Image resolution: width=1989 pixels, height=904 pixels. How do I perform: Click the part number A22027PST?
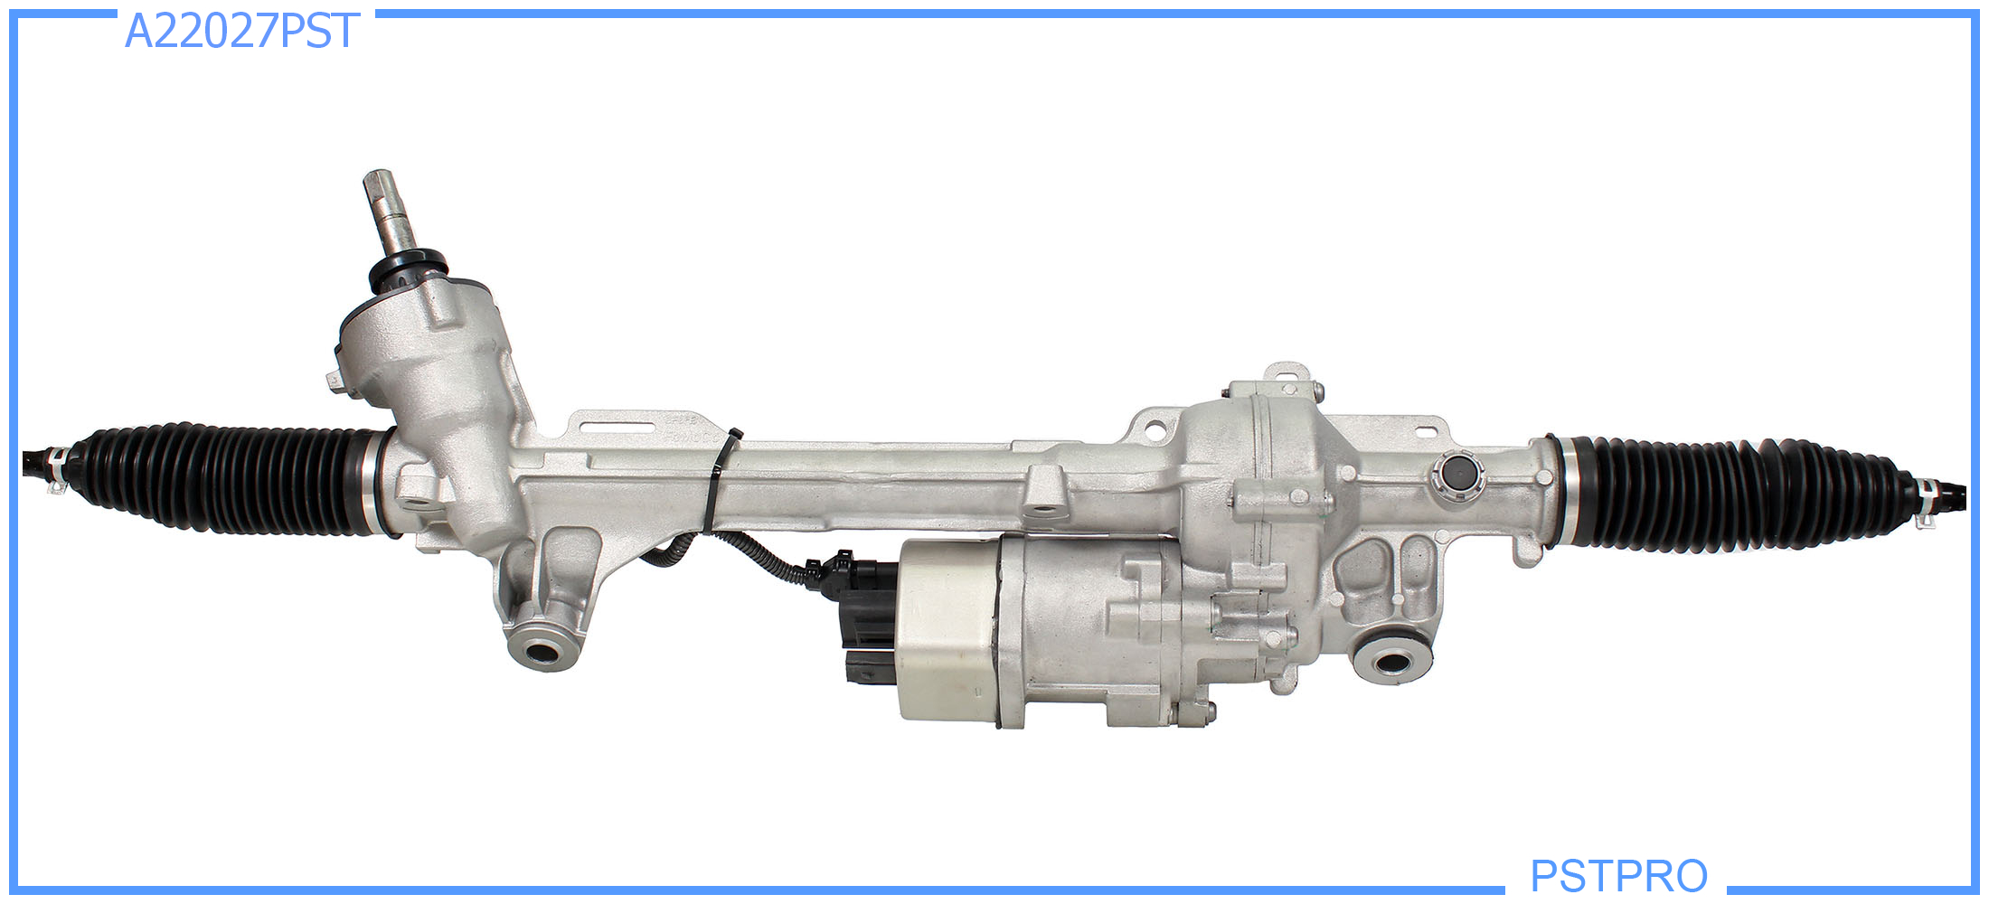tap(241, 32)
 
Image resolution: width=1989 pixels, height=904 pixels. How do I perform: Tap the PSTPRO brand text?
tap(1618, 875)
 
